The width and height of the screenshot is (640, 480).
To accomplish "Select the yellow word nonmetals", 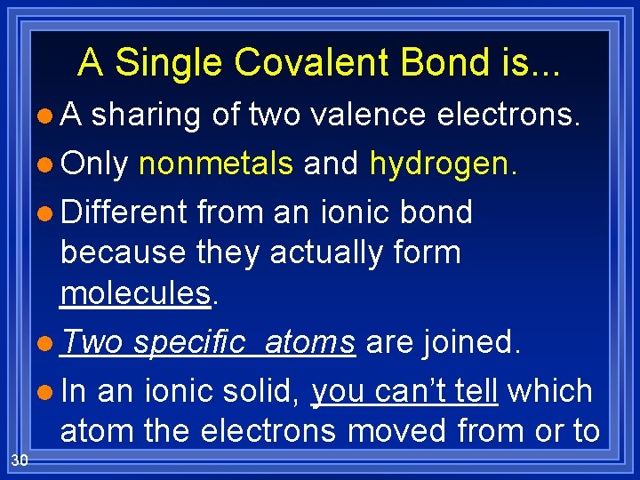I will click(x=216, y=164).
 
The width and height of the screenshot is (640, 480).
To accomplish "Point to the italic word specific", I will click(x=193, y=342).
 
